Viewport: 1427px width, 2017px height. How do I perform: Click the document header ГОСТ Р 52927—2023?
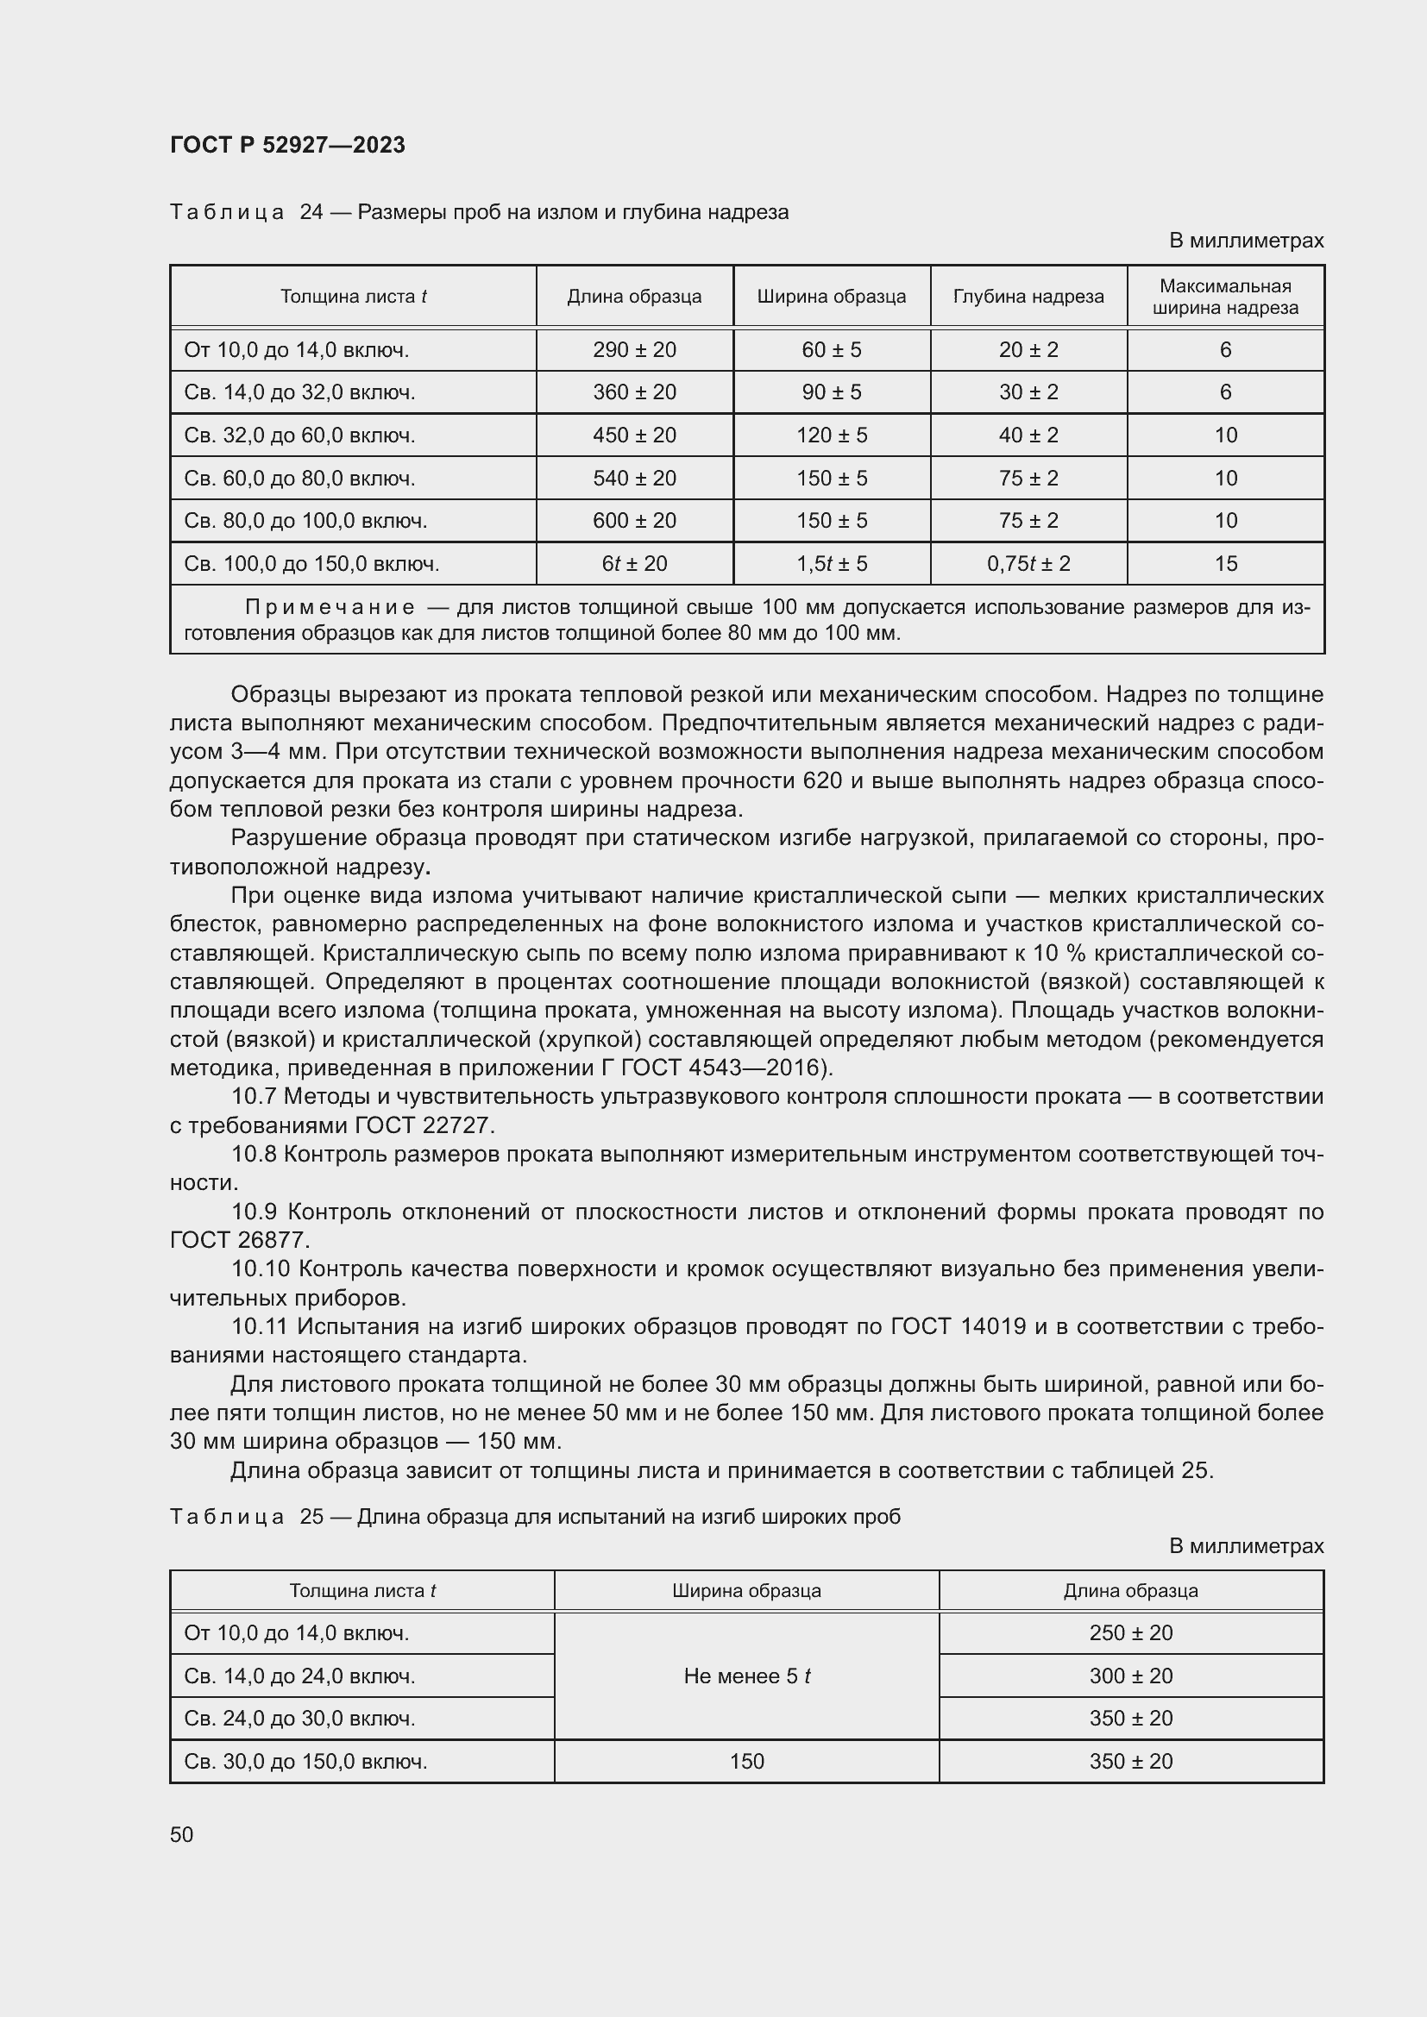[287, 145]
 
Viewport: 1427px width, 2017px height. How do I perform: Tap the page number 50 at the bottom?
[182, 1834]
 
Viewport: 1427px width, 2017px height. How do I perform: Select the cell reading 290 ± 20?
[634, 350]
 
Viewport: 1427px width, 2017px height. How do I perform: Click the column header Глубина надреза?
[1028, 297]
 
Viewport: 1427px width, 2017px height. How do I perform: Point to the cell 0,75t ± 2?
[1028, 564]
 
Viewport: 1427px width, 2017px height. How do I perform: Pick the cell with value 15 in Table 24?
[1225, 564]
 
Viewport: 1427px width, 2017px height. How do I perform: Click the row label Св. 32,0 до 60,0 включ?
[299, 435]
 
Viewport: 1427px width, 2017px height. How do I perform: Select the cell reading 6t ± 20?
[634, 564]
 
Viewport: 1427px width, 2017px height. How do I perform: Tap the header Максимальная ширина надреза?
[1225, 297]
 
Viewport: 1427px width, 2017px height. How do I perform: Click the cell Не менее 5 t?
[746, 1676]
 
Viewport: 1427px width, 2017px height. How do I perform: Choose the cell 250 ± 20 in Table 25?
[1131, 1633]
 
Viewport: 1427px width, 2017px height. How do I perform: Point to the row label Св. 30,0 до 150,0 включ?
[305, 1762]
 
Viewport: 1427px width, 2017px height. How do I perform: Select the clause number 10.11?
[260, 1326]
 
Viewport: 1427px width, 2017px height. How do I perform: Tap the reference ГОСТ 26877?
[239, 1240]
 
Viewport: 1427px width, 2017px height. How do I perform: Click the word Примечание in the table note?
[330, 608]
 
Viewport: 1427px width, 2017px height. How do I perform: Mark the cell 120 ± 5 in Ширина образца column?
[831, 435]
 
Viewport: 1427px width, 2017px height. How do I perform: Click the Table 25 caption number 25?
[312, 1517]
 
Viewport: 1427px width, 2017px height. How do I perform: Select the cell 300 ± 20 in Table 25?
[1131, 1676]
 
